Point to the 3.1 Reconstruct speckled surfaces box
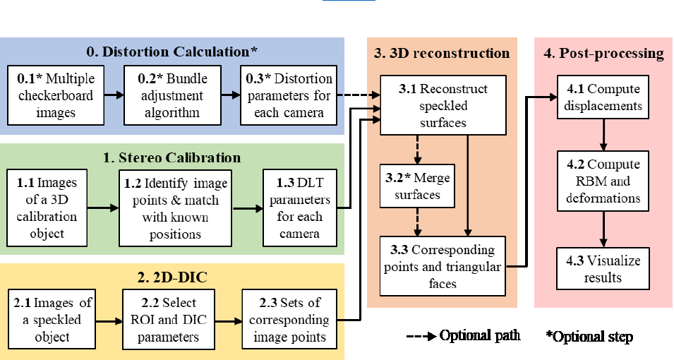[x=443, y=105]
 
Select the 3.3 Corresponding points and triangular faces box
[x=443, y=267]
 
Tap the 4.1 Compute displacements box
[x=603, y=98]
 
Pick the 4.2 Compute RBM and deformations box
[x=603, y=181]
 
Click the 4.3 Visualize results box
[x=603, y=269]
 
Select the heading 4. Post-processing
[x=603, y=53]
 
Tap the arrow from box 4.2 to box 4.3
[x=603, y=229]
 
